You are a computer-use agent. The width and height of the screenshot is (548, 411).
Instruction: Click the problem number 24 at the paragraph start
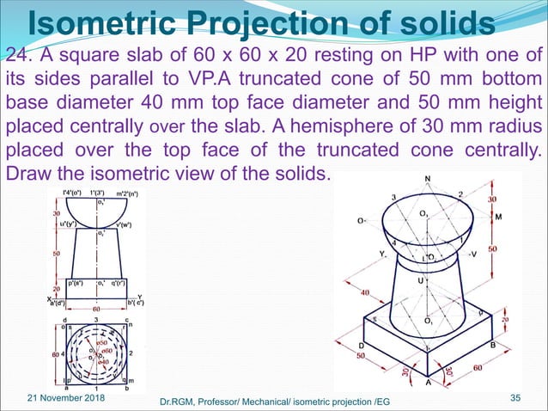(16, 57)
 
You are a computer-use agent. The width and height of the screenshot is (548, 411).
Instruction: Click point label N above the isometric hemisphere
(428, 180)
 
